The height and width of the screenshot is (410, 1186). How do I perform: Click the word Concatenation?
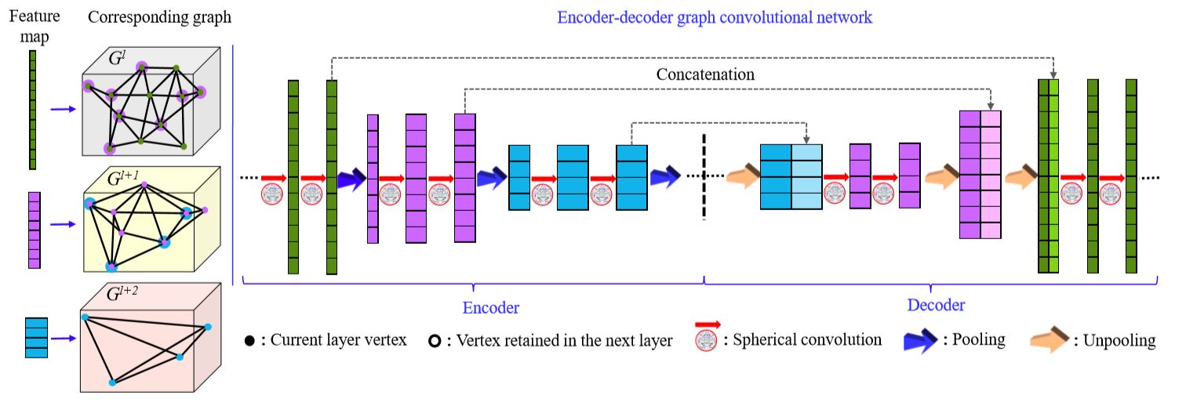[705, 75]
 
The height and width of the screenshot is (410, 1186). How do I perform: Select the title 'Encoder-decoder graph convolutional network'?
[714, 17]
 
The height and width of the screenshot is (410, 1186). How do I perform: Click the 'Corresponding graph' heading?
[159, 17]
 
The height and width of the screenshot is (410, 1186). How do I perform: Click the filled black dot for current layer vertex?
[249, 342]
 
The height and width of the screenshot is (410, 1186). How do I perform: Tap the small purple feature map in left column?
[34, 230]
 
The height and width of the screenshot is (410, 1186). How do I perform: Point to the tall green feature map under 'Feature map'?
[33, 110]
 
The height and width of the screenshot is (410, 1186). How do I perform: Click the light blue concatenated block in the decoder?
[806, 177]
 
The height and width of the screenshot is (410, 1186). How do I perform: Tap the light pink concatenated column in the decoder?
[991, 175]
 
